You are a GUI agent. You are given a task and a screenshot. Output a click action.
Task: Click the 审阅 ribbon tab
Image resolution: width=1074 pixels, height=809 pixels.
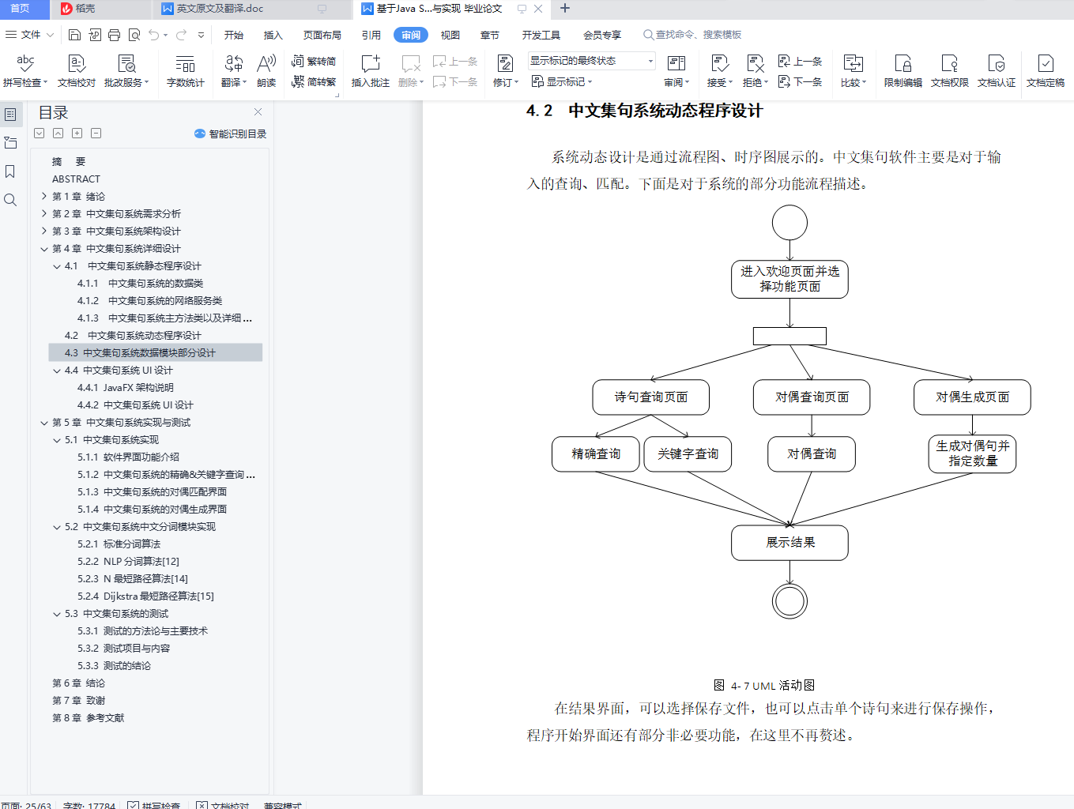pyautogui.click(x=410, y=35)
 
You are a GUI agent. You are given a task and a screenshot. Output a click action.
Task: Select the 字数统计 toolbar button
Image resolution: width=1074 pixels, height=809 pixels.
pyautogui.click(x=185, y=70)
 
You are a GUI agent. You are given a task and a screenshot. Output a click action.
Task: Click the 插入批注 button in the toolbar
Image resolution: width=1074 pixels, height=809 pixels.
pyautogui.click(x=370, y=70)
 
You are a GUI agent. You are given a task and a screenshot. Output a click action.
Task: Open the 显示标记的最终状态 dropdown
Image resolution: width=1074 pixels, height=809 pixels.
pyautogui.click(x=591, y=61)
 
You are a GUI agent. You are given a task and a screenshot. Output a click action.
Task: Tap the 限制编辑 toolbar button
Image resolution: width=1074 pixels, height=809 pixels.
pyautogui.click(x=903, y=70)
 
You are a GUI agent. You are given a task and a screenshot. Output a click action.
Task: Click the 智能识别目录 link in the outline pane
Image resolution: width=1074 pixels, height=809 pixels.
pyautogui.click(x=231, y=134)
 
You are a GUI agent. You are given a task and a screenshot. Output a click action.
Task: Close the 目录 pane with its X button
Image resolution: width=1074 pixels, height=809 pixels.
pyautogui.click(x=258, y=112)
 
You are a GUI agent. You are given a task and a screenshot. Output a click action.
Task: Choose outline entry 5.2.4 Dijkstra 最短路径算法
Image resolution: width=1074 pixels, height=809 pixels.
pyautogui.click(x=158, y=596)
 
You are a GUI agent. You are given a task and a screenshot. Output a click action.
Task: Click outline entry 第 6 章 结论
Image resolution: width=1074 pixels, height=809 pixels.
pyautogui.click(x=78, y=683)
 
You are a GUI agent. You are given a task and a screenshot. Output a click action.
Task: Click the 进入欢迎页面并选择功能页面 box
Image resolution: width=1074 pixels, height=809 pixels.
pyautogui.click(x=789, y=279)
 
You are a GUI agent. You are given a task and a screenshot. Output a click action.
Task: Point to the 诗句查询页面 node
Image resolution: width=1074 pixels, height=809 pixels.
pyautogui.click(x=650, y=397)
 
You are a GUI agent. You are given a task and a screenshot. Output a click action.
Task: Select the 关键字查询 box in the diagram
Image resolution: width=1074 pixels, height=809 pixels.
pyautogui.click(x=688, y=454)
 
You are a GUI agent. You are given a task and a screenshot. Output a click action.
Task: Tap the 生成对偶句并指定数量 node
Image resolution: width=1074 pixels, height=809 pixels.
pyautogui.click(x=972, y=453)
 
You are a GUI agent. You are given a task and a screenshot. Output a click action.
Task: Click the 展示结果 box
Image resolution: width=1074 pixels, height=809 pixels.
pyautogui.click(x=789, y=543)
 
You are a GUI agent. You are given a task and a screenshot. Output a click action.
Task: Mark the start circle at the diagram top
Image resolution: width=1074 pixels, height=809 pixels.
pyautogui.click(x=789, y=223)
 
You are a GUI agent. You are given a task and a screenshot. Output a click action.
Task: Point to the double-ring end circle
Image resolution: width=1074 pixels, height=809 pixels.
pyautogui.click(x=789, y=601)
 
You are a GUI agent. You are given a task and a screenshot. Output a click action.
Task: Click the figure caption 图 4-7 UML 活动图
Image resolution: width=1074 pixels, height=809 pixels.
pyautogui.click(x=763, y=686)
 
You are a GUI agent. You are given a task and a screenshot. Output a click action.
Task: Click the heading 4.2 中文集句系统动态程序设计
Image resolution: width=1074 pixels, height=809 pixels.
pyautogui.click(x=644, y=111)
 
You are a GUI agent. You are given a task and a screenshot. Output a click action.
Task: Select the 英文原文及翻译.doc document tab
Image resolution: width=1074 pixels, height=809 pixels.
pyautogui.click(x=219, y=9)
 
